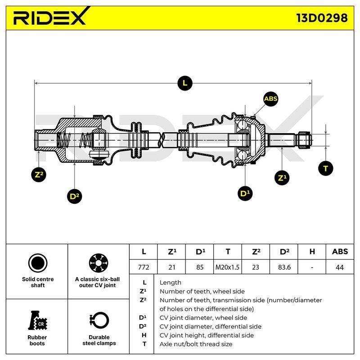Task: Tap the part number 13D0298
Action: click(x=322, y=18)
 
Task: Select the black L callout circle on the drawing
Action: click(x=185, y=83)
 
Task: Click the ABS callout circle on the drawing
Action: click(x=271, y=99)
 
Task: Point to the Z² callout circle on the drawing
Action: click(x=39, y=175)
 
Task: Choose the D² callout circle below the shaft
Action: click(x=74, y=196)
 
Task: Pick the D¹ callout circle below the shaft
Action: click(x=245, y=193)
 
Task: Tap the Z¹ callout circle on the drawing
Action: click(x=282, y=178)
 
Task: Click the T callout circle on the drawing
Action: click(x=325, y=168)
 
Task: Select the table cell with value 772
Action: click(x=144, y=267)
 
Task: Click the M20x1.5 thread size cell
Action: click(x=227, y=267)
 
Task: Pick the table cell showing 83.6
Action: click(x=284, y=267)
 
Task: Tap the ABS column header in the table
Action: click(x=340, y=252)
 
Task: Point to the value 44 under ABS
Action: click(x=340, y=267)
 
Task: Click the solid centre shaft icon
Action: click(x=38, y=263)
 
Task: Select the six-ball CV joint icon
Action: click(x=99, y=263)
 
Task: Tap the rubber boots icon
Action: click(x=37, y=320)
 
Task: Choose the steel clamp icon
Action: click(x=99, y=320)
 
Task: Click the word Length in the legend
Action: click(x=171, y=283)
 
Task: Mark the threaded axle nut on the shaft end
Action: click(x=304, y=140)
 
